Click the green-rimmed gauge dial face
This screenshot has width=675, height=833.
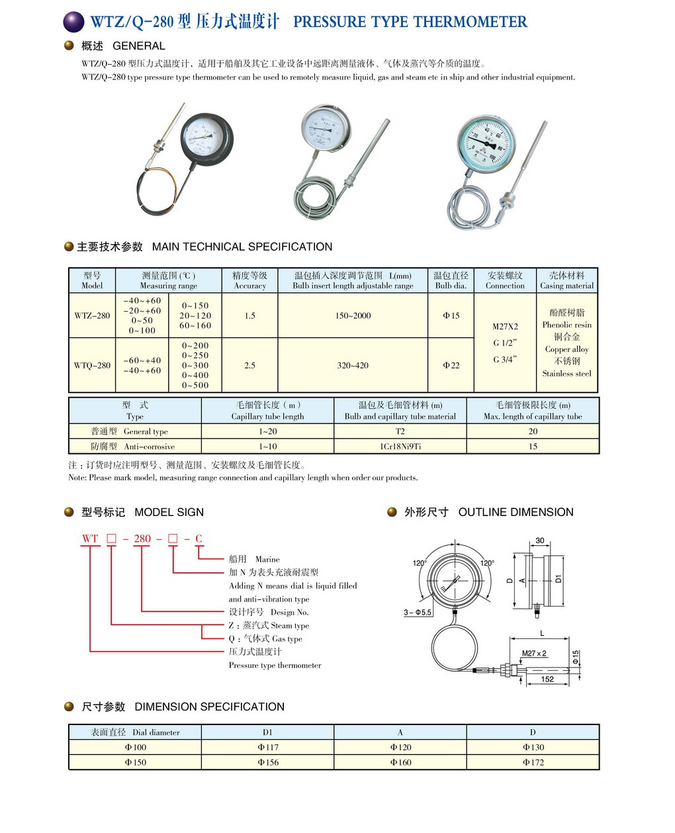coord(486,144)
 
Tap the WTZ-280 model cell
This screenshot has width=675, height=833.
coord(92,316)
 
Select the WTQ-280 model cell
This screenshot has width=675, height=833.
coord(92,365)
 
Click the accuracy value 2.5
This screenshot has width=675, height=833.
coord(249,365)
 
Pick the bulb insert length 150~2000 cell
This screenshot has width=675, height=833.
coord(353,316)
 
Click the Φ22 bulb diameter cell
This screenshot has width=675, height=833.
coord(451,365)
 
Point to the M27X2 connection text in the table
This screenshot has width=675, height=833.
coord(505,326)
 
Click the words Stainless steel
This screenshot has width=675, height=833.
coord(566,374)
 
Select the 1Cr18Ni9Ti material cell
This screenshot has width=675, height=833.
coord(400,447)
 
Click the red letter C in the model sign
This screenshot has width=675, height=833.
coord(199,539)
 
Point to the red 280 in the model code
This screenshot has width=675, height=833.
coord(142,539)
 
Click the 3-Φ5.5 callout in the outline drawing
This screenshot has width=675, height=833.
coord(418,612)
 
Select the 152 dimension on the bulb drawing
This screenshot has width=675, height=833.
coord(547,679)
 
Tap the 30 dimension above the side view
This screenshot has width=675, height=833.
coord(539,541)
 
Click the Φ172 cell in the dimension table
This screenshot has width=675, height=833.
coord(533,762)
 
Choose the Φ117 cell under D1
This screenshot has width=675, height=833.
coord(267,747)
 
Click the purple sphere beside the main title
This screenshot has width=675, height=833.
coord(73,22)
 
